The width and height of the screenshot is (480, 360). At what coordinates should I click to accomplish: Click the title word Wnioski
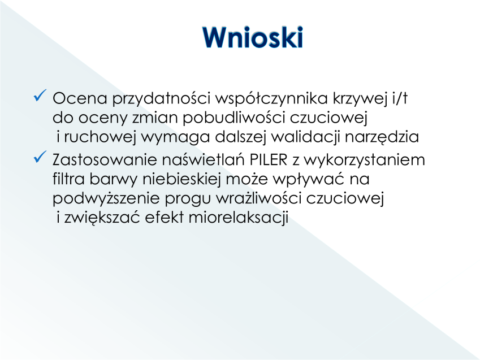pos(253,37)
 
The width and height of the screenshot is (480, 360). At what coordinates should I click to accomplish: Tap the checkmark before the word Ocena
pos(40,95)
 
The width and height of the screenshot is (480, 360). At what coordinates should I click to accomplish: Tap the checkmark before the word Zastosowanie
pos(40,157)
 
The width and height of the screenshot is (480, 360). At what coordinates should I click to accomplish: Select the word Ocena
pos(80,98)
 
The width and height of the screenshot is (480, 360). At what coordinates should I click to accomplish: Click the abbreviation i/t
pos(400,98)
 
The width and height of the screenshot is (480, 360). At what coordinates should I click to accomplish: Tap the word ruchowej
pos(100,137)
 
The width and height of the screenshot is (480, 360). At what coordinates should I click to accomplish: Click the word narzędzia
pos(382,137)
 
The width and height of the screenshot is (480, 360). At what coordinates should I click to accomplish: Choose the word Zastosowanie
pos(105,160)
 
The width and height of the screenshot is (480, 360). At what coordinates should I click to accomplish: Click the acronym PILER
pos(269,160)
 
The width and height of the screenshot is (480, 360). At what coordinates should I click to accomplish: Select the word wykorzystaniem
pos(365,161)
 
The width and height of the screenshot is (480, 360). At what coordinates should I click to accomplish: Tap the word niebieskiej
pos(182,179)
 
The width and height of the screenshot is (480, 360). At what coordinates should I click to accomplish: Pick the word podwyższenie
pos(106,199)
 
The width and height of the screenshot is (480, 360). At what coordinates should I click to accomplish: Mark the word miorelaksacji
pos(239,218)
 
